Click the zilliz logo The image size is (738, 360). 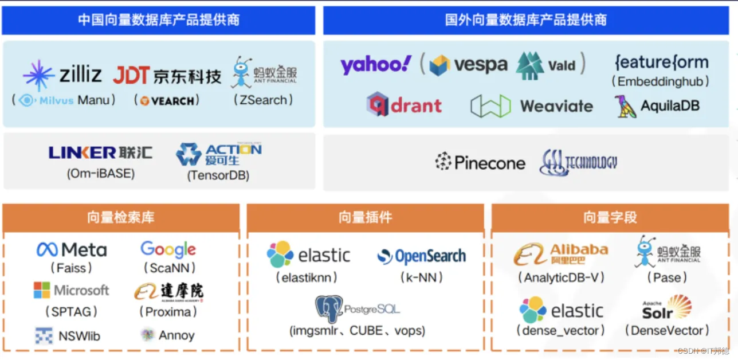coord(63,75)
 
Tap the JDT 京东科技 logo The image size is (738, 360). coord(167,75)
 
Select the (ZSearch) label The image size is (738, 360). coord(264,100)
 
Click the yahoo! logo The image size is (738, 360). coord(375,65)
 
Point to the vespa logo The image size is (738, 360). coord(468,65)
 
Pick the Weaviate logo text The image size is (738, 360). coord(556,106)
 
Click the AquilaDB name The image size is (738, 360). coord(670,106)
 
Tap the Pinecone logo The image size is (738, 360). coord(480,163)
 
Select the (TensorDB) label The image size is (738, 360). coord(218,175)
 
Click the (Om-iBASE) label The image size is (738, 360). coord(101,173)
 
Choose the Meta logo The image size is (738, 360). coord(72,250)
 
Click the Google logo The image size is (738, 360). coord(168,249)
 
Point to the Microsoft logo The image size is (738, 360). coord(72,290)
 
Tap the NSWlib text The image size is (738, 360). coord(79,336)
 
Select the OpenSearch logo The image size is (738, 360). coord(422,256)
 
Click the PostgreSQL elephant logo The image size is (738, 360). coord(329,309)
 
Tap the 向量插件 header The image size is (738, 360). coord(365,218)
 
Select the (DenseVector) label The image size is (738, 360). coord(666,331)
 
